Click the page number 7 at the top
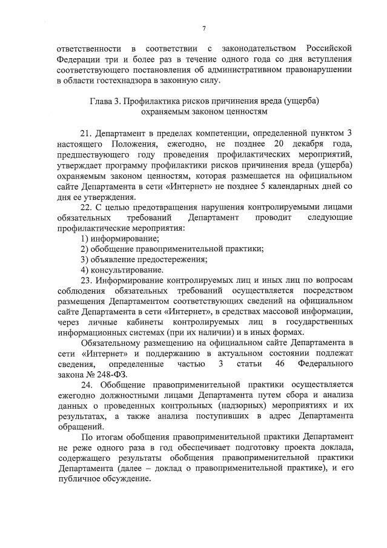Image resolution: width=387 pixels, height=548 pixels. click(x=204, y=28)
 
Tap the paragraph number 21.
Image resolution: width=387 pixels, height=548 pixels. click(x=87, y=132)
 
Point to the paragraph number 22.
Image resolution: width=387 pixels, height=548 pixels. click(x=87, y=206)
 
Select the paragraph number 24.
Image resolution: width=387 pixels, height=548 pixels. click(x=87, y=385)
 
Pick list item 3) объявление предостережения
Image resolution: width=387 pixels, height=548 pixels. click(x=144, y=259)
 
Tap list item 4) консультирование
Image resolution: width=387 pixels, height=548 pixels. click(x=122, y=269)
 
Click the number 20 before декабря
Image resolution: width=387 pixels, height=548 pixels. click(x=279, y=143)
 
